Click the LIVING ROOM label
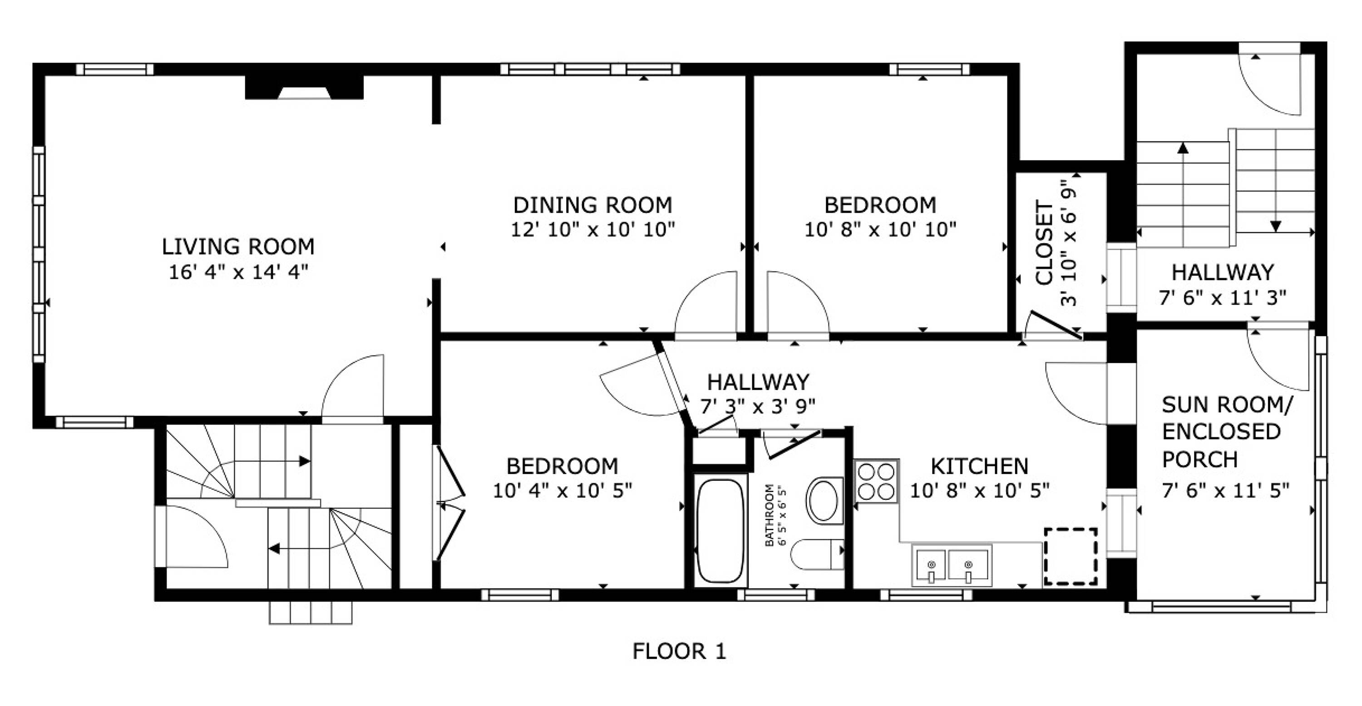(238, 247)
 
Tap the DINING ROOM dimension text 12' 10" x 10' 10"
(593, 230)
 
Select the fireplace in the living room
(304, 88)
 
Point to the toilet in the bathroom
(817, 554)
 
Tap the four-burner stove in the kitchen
(876, 481)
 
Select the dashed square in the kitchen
(1070, 556)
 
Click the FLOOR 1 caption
(680, 651)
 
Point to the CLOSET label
(1045, 242)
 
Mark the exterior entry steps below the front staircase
(311, 612)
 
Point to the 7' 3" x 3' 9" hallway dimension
(758, 406)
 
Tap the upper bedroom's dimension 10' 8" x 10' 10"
(880, 230)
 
